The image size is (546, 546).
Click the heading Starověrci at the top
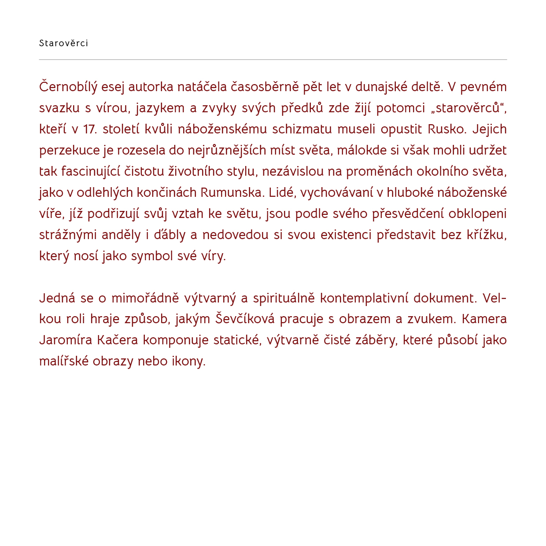[63, 43]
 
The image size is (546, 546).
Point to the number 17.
[89, 129]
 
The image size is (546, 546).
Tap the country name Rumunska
[231, 193]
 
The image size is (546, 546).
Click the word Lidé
[281, 193]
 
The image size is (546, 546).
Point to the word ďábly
[170, 235]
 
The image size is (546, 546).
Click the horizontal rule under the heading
[273, 59]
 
